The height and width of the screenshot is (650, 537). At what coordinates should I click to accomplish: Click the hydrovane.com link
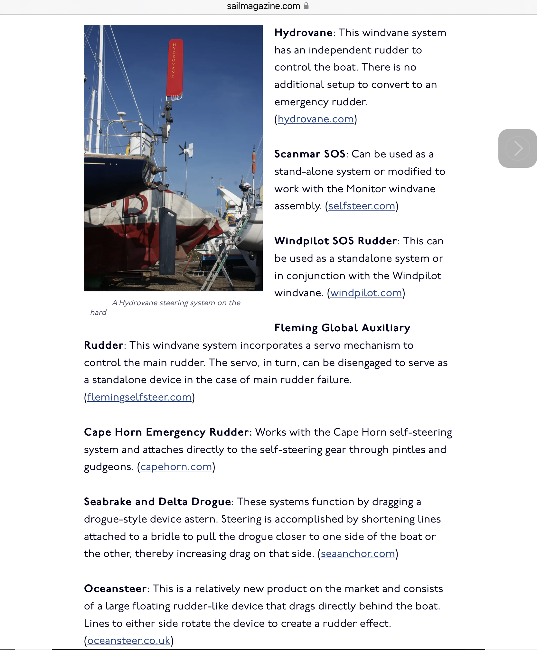tap(316, 119)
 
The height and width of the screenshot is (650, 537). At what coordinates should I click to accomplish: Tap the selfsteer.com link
tap(362, 206)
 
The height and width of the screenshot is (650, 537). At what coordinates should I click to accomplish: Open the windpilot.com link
tap(366, 293)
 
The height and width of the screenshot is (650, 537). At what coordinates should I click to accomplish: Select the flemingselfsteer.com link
tap(139, 397)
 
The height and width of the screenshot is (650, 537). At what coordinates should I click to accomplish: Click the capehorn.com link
tap(176, 467)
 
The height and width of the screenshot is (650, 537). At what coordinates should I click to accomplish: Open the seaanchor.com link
tap(358, 554)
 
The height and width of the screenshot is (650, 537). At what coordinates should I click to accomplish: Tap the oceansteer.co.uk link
tap(129, 641)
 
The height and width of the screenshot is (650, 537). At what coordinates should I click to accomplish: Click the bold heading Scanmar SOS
tap(310, 154)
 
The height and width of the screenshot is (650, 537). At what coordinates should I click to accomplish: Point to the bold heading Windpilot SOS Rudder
tap(335, 241)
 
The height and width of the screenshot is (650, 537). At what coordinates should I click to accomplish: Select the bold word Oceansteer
tap(115, 589)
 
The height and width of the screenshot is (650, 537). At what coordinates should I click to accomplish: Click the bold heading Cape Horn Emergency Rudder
tap(167, 432)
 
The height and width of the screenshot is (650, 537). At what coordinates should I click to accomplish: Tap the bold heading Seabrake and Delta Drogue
tap(157, 502)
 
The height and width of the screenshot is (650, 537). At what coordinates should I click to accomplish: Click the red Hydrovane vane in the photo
tap(174, 68)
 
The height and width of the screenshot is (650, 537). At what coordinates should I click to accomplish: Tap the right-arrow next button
tap(517, 148)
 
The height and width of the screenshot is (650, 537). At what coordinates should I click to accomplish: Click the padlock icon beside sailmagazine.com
tap(306, 6)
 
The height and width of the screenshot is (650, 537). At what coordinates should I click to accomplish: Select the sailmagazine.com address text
tap(263, 6)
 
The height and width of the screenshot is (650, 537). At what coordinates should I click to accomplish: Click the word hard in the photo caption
tap(98, 313)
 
